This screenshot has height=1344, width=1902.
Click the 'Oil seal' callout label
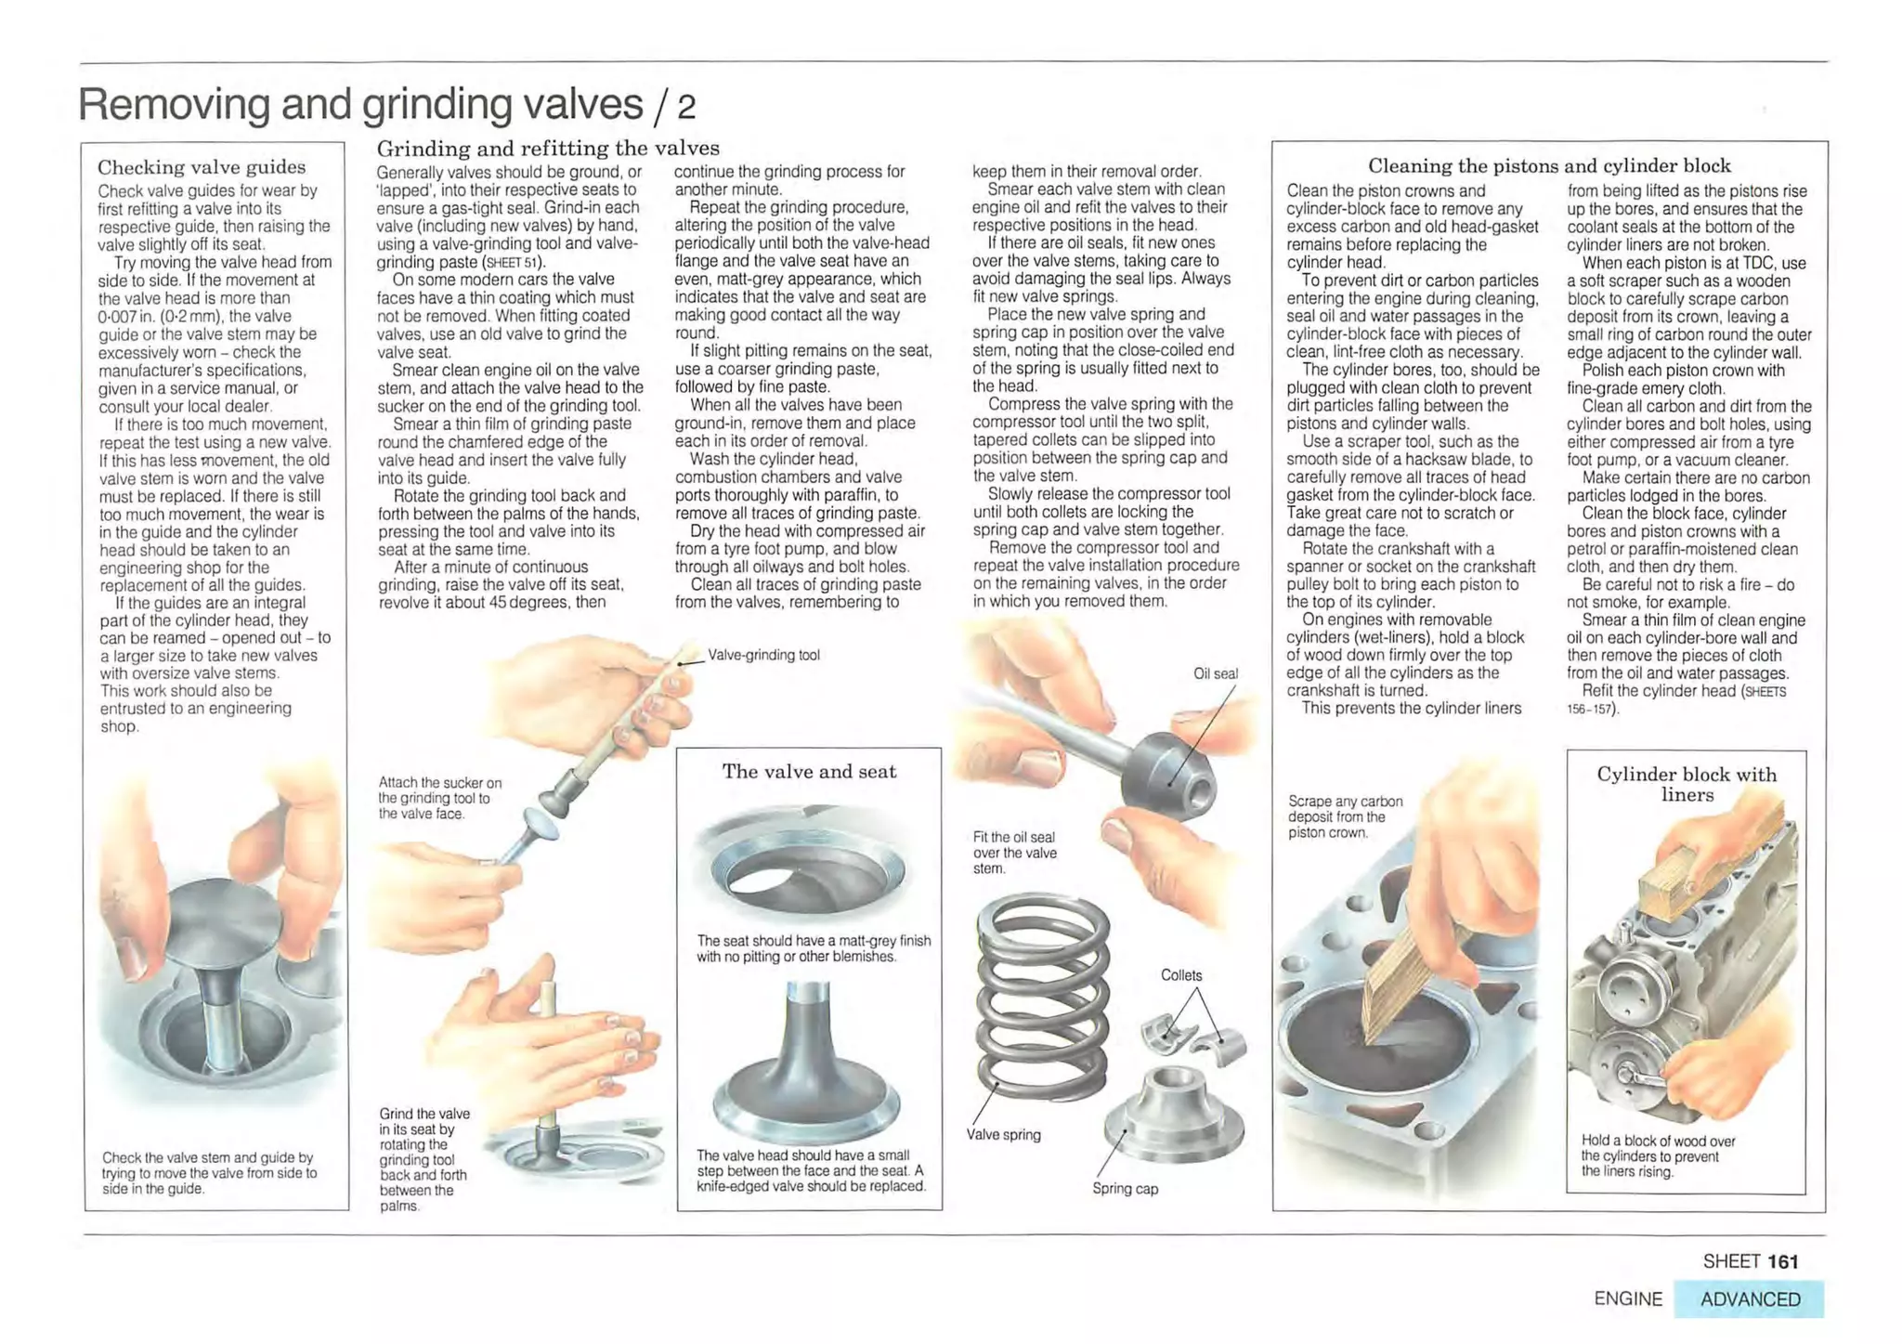pos(1215,673)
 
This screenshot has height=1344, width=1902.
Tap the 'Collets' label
pos(1180,975)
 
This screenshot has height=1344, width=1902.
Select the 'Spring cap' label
pos(1125,1189)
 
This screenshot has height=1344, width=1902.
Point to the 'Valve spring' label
pos(1003,1135)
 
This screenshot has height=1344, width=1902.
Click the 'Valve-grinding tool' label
pos(763,655)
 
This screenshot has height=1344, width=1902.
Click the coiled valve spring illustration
pos(1043,994)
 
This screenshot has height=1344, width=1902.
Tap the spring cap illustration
pos(1173,1119)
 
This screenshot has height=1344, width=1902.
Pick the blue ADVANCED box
pos(1749,1299)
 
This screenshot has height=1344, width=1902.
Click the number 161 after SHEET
pos(1782,1261)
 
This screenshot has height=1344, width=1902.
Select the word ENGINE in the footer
pos(1627,1299)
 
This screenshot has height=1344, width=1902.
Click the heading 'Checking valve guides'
pos(202,167)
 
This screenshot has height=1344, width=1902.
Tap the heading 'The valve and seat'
pos(809,772)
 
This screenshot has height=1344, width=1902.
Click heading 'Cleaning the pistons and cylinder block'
pos(1548,166)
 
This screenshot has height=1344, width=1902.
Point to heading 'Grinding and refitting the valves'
pos(547,149)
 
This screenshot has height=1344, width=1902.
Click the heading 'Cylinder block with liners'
pos(1686,784)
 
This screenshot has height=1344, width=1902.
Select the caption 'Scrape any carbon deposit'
pos(1345,816)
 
